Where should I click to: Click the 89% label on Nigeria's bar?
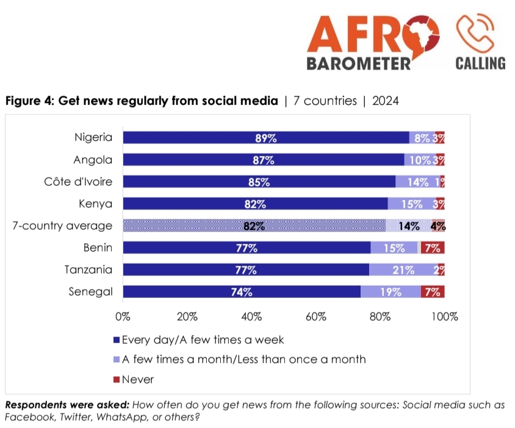[x=266, y=138]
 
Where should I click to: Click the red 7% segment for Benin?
[x=432, y=248]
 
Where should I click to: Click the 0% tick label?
[x=123, y=317]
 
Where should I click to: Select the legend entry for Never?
[x=137, y=380]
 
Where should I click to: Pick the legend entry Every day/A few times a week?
[x=201, y=339]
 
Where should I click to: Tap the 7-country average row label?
[x=63, y=226]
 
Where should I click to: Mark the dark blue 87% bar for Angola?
[x=264, y=160]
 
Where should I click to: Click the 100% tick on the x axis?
[x=444, y=317]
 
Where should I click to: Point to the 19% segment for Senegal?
[x=391, y=292]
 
